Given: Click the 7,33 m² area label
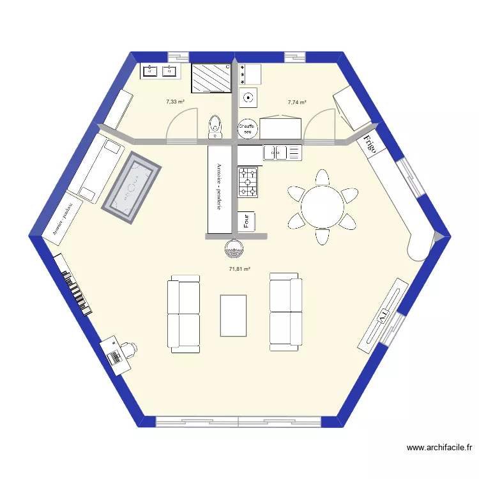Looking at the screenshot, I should coord(175,102).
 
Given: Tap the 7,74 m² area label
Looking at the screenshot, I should coord(297,102).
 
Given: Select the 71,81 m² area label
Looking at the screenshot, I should coord(239,269).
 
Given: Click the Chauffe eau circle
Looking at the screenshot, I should coord(247,128).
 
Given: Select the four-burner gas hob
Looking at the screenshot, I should coord(248,182).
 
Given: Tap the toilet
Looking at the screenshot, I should coord(215,126).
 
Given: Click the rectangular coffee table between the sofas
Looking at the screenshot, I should coord(233,315).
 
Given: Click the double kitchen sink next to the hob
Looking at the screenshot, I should coord(282,153).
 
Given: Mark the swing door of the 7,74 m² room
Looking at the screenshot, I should coord(319,125).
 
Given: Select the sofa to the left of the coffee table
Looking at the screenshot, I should coord(183,314).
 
